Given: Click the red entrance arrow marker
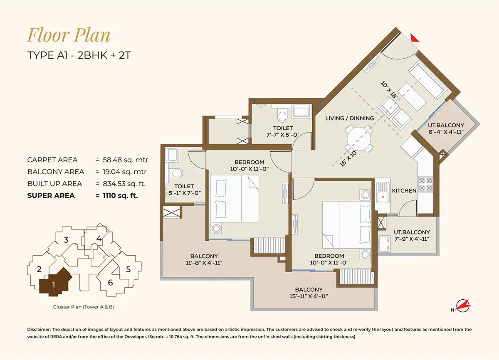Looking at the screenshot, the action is (x=414, y=38).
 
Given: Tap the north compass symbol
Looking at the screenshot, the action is (x=462, y=306).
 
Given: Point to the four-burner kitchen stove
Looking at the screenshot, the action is (x=425, y=184).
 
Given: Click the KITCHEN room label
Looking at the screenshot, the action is (x=404, y=191).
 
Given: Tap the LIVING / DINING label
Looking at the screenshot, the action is (x=350, y=118).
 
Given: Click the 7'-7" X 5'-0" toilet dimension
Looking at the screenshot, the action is (x=283, y=135).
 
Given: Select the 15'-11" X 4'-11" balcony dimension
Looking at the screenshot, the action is (x=309, y=296).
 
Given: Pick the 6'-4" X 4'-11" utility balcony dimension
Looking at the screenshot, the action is (x=446, y=132).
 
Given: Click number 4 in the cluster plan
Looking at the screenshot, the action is (x=99, y=239).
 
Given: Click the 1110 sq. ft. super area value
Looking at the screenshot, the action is (x=120, y=195).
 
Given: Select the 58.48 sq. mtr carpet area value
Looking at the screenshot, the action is (x=126, y=160).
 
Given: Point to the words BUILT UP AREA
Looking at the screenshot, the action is (x=54, y=184).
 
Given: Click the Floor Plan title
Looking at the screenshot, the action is (x=69, y=35).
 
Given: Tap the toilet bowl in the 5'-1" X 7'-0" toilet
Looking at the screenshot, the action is (x=176, y=173).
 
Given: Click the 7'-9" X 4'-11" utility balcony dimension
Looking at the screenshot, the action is (x=412, y=239).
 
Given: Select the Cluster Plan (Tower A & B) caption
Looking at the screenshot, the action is (x=84, y=307).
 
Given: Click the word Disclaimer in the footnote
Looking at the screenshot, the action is (x=39, y=329).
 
